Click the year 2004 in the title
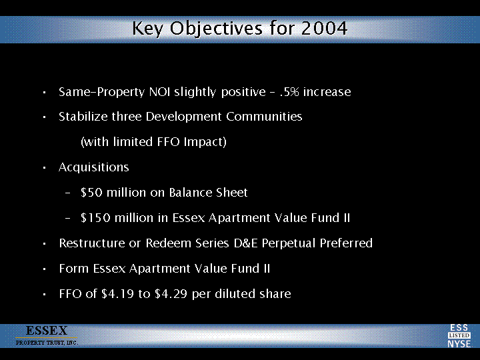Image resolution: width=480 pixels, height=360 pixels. [x=324, y=28]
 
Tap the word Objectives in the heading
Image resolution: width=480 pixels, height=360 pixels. [x=216, y=29]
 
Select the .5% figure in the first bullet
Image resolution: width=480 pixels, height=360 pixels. [x=289, y=92]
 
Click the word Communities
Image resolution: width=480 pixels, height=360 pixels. [x=264, y=117]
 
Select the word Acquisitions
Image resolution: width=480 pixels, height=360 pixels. [x=94, y=167]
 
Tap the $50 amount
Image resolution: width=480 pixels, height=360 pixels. [x=91, y=193]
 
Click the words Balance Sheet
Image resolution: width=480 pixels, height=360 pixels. [x=208, y=193]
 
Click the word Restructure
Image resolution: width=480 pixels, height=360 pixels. [x=91, y=243]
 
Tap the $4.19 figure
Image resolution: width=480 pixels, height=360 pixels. [x=117, y=294]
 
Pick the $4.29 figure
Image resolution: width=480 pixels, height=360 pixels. [x=171, y=294]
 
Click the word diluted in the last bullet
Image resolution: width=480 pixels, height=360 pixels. [x=235, y=293]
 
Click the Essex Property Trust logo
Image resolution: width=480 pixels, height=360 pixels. [x=47, y=335]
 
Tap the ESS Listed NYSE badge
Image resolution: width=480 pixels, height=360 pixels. [x=459, y=336]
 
